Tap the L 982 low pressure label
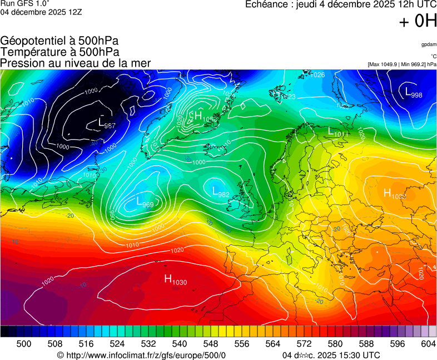(x=221, y=192)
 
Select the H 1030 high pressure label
(x=176, y=280)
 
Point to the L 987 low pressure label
(x=106, y=123)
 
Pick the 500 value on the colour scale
(x=24, y=344)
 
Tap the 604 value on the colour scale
(x=428, y=344)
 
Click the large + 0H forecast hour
(x=418, y=22)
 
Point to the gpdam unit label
(x=428, y=45)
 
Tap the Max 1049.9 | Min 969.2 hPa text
(x=402, y=64)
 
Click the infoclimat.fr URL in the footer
(x=142, y=355)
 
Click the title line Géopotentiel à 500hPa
(x=59, y=41)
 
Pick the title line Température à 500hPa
(x=59, y=52)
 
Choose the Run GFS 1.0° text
(x=25, y=4)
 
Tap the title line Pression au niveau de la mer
(x=76, y=63)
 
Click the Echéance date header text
(x=341, y=4)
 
